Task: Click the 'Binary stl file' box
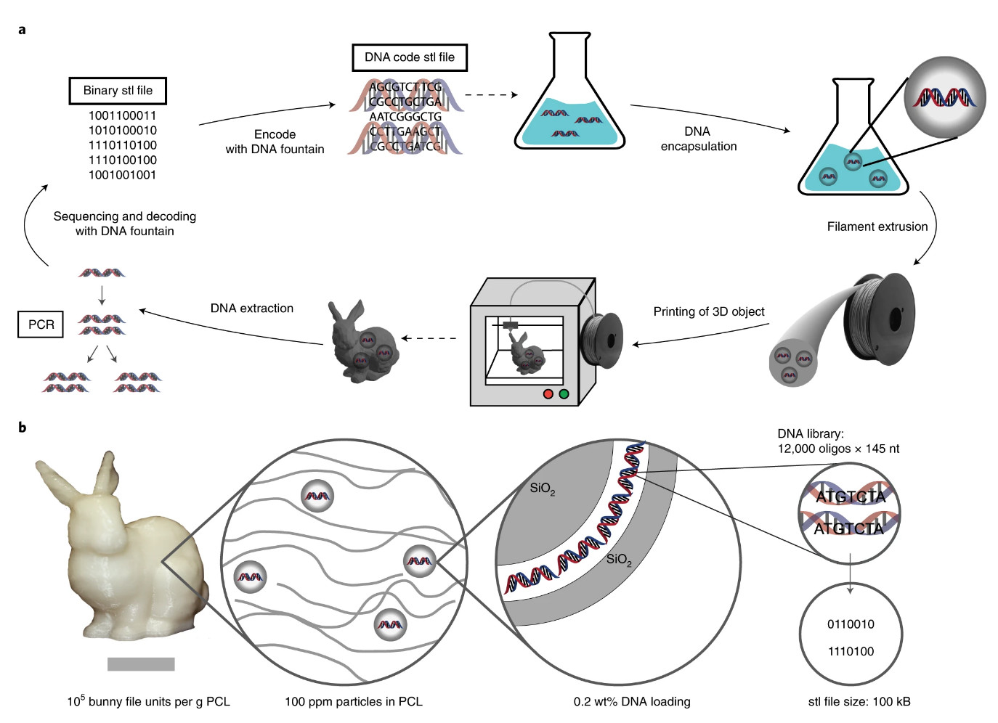118,91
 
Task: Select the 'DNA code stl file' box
410,57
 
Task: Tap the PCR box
41,324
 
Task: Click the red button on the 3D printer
548,394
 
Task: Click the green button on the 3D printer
564,394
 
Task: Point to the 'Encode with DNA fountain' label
275,142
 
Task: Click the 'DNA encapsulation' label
698,139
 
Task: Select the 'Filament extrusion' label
877,226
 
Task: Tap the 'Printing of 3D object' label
708,311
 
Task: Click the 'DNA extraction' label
251,309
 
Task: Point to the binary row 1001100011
122,115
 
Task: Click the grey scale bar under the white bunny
141,663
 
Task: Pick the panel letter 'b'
22,428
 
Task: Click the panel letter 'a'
22,30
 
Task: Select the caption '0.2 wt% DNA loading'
631,701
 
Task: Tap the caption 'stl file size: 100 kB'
859,701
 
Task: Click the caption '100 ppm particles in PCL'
353,701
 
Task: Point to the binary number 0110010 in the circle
851,624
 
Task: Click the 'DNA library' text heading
810,434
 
